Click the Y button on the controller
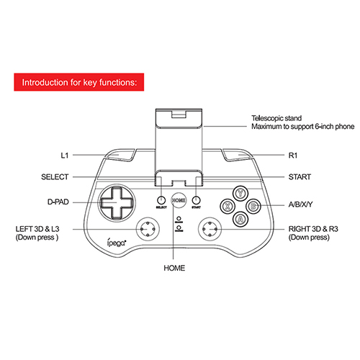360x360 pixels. click(x=240, y=193)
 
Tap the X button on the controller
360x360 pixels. click(x=228, y=206)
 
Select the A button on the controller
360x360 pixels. click(x=240, y=219)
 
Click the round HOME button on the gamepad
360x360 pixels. click(x=179, y=200)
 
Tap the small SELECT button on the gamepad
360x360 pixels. click(x=161, y=200)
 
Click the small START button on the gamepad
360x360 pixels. click(x=196, y=200)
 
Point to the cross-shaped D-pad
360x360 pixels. click(x=117, y=203)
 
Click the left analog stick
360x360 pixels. click(x=148, y=229)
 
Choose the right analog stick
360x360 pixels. click(x=210, y=229)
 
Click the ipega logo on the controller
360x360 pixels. click(x=117, y=243)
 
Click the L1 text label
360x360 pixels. click(x=65, y=156)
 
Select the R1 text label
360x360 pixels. click(x=293, y=156)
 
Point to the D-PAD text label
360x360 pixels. click(x=58, y=202)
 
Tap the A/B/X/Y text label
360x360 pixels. click(x=300, y=204)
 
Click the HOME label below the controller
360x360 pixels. click(x=174, y=268)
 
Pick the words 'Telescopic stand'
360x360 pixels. click(x=276, y=118)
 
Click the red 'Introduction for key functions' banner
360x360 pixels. click(x=79, y=82)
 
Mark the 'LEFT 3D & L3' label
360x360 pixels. click(x=37, y=229)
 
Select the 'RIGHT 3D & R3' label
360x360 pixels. click(x=313, y=229)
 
